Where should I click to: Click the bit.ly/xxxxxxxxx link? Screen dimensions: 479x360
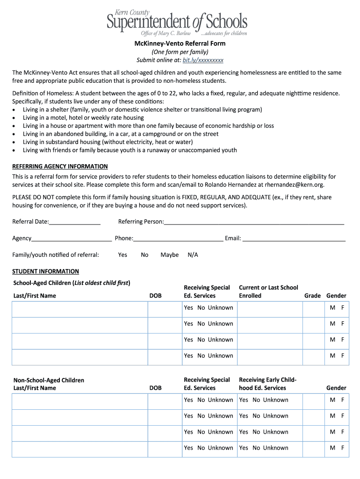click(x=203, y=60)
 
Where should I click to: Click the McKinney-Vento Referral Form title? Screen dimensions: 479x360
click(x=180, y=44)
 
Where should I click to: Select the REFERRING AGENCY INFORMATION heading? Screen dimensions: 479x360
click(x=60, y=166)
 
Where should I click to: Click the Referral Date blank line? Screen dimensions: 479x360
click(x=75, y=222)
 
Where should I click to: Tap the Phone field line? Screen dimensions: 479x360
click(x=178, y=239)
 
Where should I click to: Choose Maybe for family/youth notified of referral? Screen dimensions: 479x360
click(x=169, y=255)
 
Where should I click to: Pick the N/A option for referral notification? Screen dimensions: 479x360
click(x=193, y=255)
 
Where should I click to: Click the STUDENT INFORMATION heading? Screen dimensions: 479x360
click(x=45, y=271)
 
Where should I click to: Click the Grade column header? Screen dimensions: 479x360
click(x=312, y=296)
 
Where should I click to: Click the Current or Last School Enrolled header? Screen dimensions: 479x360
click(x=268, y=291)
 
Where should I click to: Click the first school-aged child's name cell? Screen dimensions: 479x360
click(x=79, y=309)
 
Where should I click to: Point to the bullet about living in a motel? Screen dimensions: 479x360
click(x=83, y=118)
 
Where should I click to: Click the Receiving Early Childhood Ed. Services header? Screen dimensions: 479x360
click(x=267, y=384)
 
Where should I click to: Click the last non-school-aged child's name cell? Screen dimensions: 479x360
click(x=79, y=449)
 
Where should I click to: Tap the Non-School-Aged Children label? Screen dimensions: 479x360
click(x=49, y=380)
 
